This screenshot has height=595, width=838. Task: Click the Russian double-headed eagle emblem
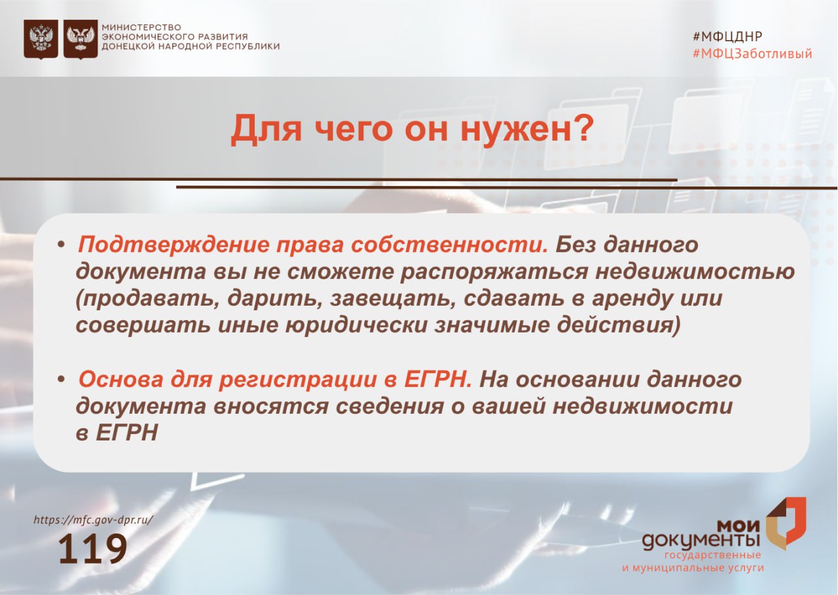coord(41,39)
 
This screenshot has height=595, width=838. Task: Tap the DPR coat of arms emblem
coord(81,39)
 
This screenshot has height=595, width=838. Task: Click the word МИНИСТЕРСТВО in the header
coord(141,27)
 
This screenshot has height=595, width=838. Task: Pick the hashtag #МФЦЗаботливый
coord(752,54)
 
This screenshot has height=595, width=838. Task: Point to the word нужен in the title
coord(515,130)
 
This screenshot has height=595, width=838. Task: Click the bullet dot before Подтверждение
coord(62,245)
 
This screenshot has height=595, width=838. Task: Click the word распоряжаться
coord(494,272)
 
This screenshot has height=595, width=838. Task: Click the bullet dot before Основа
coord(62,380)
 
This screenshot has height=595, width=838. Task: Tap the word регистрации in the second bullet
coord(298,380)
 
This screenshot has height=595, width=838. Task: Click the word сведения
coord(390,406)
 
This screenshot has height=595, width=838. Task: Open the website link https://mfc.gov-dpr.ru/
coord(94,520)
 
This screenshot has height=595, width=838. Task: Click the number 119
coord(93,549)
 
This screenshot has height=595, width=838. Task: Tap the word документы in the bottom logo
coord(701,541)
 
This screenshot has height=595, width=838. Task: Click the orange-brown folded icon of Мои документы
coord(786,524)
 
